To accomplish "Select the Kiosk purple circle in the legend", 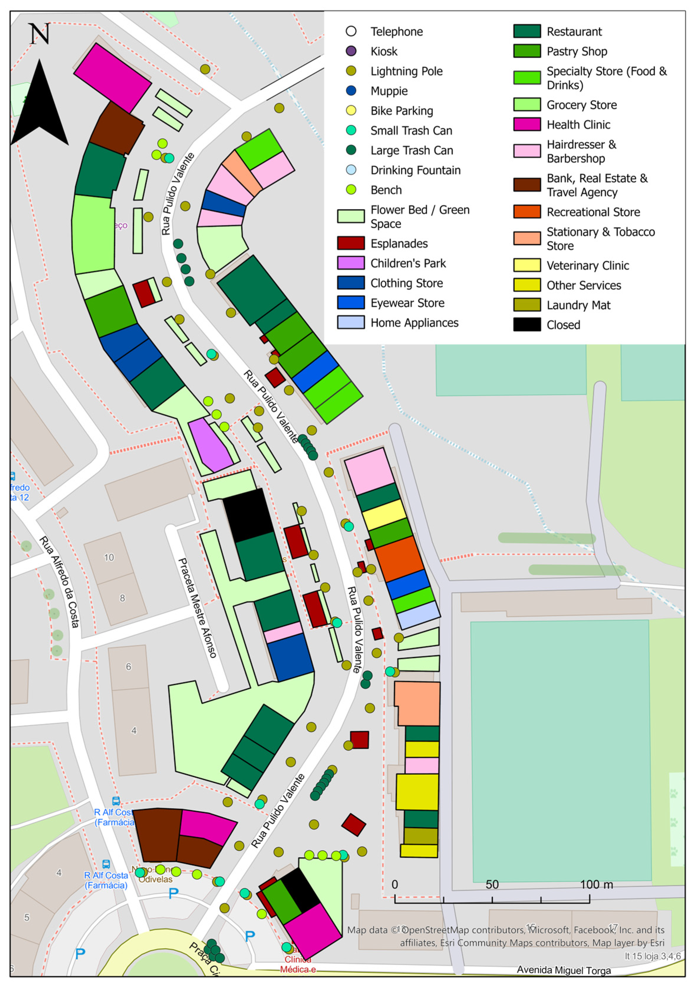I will [351, 51].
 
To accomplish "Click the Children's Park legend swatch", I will [351, 263].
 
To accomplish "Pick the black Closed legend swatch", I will [527, 324].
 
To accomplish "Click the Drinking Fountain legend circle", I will [351, 170].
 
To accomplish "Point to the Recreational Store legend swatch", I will [527, 211].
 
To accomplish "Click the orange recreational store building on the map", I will [399, 559].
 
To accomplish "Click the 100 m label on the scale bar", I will [596, 884].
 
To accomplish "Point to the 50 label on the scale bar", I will [492, 884].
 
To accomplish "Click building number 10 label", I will [109, 558].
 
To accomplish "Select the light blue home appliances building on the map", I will [418, 615].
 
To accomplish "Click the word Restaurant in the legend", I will [574, 32].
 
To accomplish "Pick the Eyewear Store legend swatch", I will [351, 303].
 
